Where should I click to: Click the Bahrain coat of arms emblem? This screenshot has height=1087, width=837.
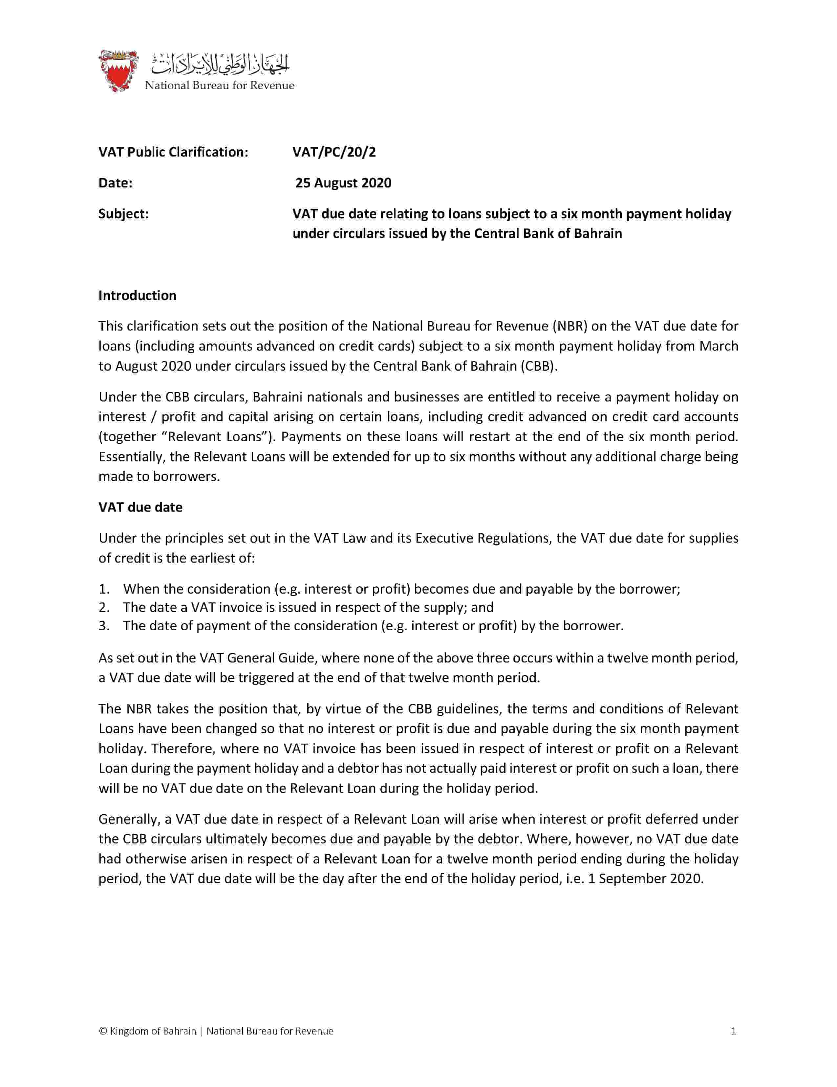(x=118, y=70)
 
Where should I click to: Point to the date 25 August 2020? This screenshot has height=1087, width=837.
(x=343, y=183)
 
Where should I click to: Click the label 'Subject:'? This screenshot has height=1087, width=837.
(x=123, y=214)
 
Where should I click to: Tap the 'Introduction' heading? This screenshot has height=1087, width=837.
(x=137, y=296)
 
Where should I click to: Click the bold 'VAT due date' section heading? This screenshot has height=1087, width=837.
(x=140, y=507)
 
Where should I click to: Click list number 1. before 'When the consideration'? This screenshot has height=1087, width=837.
(x=103, y=589)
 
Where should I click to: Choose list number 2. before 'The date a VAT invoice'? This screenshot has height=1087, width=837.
(x=103, y=608)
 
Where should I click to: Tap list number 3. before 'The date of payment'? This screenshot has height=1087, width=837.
(x=103, y=626)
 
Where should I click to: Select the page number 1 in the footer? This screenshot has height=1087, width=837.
(x=733, y=1031)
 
